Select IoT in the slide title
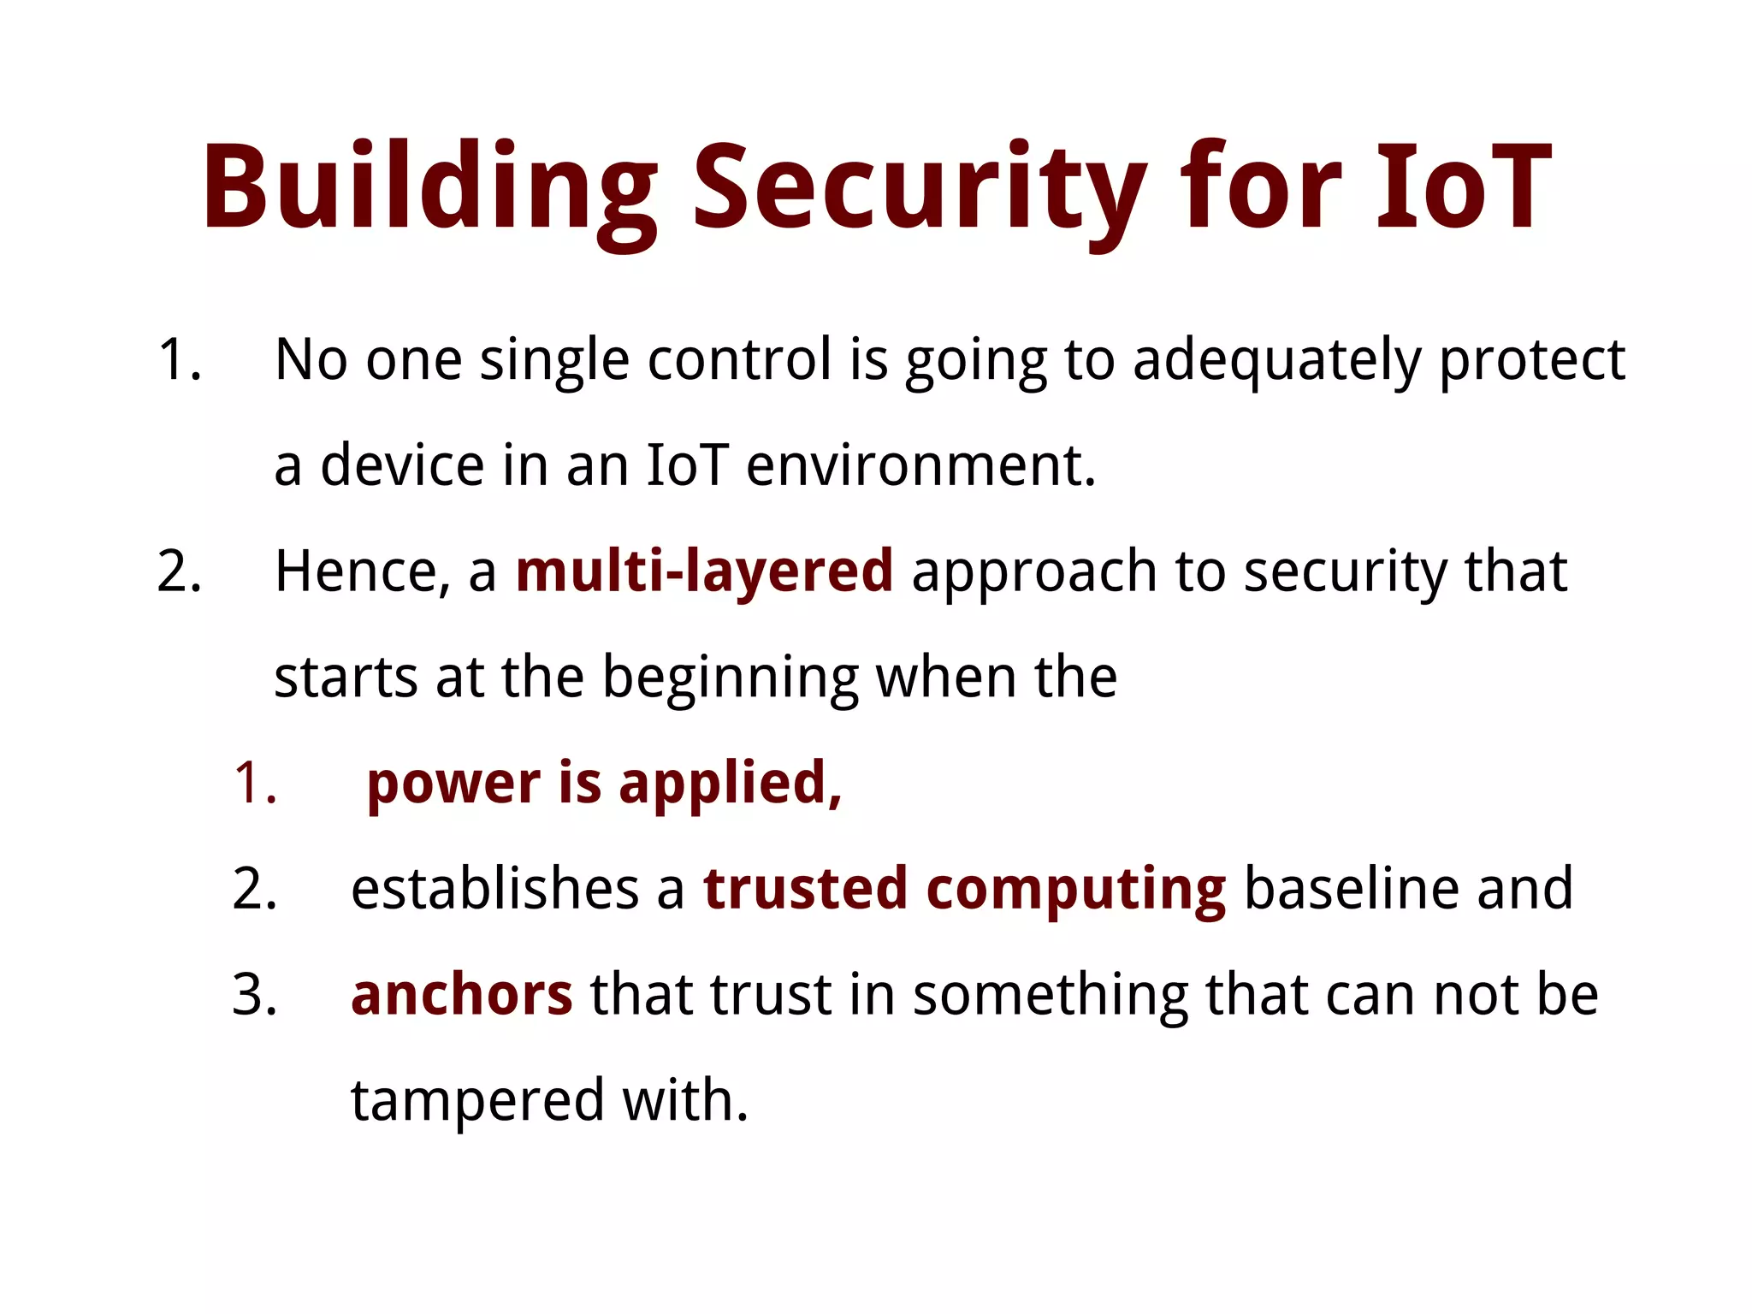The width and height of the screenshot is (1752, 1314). coord(1464,188)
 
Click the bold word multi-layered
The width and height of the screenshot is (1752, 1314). coord(704,571)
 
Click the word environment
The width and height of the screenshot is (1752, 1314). coord(920,466)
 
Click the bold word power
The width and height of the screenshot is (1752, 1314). coord(453,784)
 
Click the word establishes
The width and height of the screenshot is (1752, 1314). coord(494,889)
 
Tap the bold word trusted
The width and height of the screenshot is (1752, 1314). coord(805,889)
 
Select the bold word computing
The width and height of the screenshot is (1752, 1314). coord(1076,889)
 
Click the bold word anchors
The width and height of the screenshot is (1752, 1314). coord(461,995)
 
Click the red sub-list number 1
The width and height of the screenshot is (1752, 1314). coord(254,784)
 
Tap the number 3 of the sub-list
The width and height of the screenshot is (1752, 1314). coord(254,995)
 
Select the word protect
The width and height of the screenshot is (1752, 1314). coord(1531,360)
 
